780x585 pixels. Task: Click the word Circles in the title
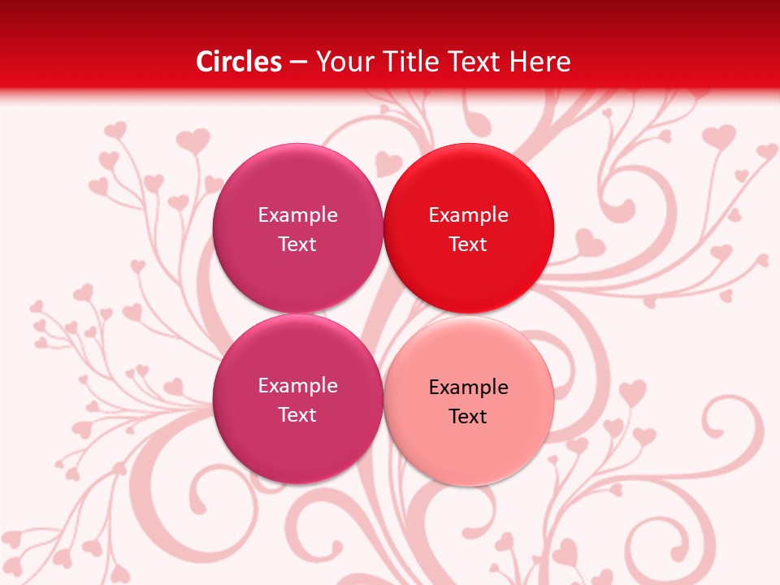point(239,62)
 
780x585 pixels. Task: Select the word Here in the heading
point(542,62)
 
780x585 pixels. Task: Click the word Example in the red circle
point(468,215)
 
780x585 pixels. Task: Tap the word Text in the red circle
point(468,245)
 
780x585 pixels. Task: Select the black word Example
point(468,388)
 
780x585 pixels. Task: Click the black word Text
point(468,417)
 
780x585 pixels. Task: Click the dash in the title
point(297,63)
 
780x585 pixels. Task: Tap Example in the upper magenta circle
point(297,215)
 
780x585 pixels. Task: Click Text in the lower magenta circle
point(297,415)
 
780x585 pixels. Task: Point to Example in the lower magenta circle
point(297,386)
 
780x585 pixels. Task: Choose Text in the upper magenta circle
point(297,245)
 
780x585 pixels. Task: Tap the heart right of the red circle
point(588,240)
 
